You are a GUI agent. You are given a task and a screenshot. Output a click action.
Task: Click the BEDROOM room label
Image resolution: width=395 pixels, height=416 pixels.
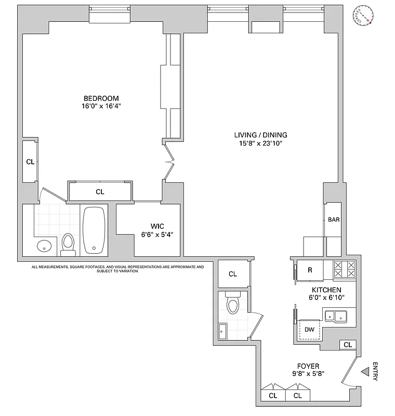click(x=101, y=98)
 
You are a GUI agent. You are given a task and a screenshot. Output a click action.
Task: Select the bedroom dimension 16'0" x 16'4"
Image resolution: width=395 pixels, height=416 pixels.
click(x=101, y=107)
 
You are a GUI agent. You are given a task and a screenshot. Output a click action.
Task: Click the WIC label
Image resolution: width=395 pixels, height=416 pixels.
click(x=157, y=226)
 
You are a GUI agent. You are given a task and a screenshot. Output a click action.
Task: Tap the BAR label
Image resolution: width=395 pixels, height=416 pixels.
click(x=334, y=220)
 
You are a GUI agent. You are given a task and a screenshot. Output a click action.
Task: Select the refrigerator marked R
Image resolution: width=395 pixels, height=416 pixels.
click(x=310, y=270)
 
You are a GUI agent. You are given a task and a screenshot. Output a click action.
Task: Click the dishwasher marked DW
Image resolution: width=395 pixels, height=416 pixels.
click(x=309, y=329)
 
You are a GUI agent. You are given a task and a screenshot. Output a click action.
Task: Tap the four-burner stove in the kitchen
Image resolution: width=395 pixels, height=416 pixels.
click(x=344, y=270)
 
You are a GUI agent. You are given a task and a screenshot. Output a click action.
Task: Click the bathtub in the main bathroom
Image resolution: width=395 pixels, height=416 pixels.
click(x=94, y=231)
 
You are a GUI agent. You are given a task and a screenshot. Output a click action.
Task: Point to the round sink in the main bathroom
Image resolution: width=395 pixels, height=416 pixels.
click(x=43, y=245)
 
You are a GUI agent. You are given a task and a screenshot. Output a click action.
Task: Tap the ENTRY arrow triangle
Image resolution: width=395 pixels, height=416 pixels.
click(x=365, y=372)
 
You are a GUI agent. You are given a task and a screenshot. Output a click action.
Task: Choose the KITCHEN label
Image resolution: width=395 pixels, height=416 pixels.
click(x=326, y=290)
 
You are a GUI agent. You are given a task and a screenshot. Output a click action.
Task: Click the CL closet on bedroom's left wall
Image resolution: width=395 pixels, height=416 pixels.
click(x=30, y=162)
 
